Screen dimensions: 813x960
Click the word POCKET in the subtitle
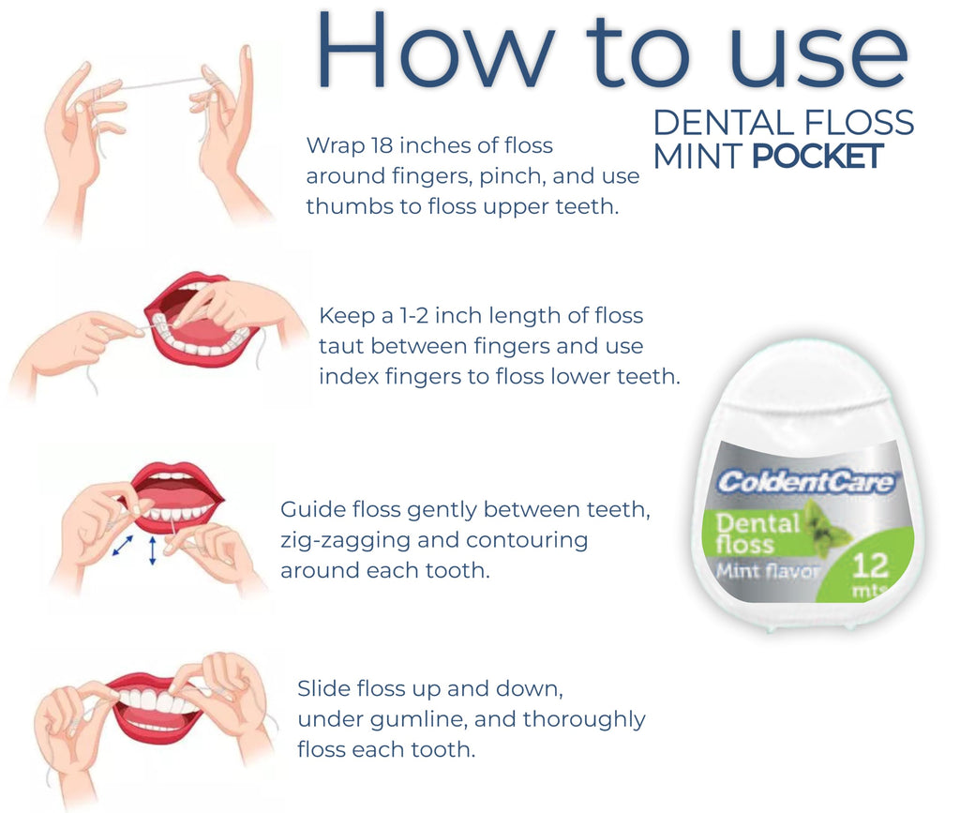(818, 157)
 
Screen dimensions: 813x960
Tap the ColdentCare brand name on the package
(806, 482)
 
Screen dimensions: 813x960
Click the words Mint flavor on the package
(768, 570)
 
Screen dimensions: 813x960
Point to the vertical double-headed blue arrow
(154, 550)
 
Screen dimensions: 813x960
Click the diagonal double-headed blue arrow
(122, 546)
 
